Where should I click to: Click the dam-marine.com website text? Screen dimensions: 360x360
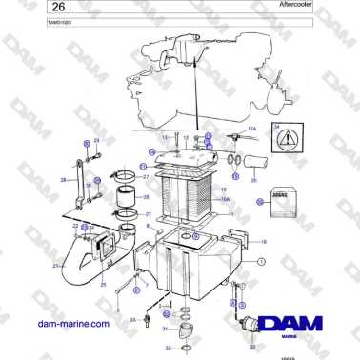[73, 324]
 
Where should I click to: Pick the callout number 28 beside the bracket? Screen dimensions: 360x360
[62, 178]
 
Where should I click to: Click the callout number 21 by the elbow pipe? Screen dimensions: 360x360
[55, 266]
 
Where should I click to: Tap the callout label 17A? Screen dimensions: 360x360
[252, 127]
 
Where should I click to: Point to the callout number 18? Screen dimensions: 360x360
[263, 242]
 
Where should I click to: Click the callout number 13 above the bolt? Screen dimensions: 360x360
[163, 138]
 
